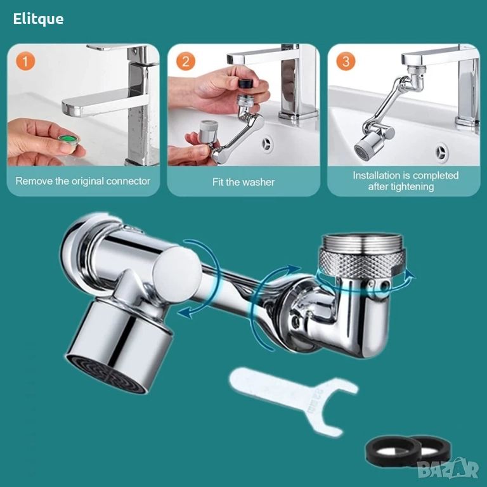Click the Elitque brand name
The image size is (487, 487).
[38, 19]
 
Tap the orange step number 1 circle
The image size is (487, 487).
[25, 61]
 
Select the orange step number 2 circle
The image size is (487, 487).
[185, 61]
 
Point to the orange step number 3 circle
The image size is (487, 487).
[346, 61]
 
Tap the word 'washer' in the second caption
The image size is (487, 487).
[259, 182]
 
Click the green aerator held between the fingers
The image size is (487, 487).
[69, 141]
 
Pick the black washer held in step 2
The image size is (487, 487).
[245, 84]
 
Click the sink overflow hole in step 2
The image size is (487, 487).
[267, 144]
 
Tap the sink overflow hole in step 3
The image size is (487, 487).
[441, 152]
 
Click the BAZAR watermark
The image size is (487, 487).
[448, 470]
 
